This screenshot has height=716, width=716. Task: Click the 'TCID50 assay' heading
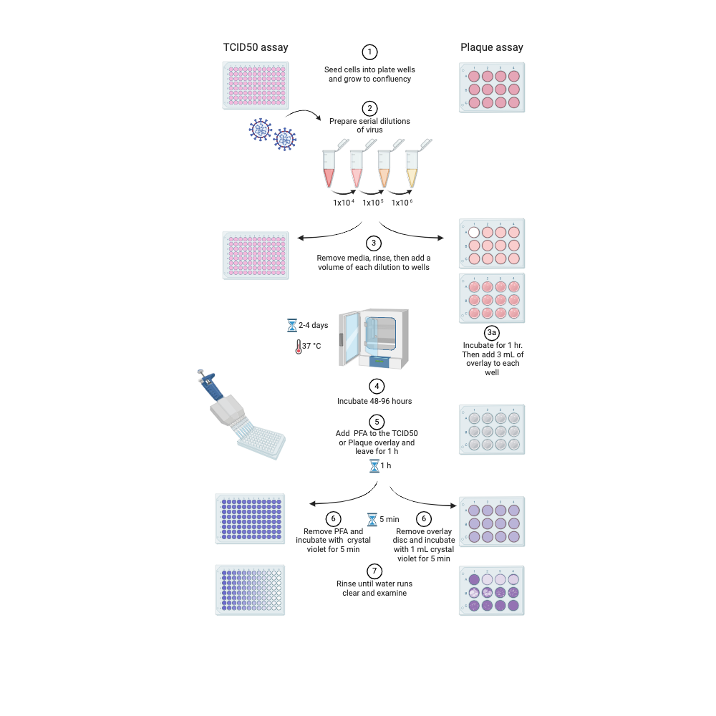point(256,47)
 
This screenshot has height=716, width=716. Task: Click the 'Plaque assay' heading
point(491,47)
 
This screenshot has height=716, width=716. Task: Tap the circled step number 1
point(369,52)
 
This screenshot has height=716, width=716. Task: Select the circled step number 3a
point(491,333)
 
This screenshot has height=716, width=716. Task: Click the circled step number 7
point(373,571)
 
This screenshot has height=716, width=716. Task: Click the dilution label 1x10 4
point(344,203)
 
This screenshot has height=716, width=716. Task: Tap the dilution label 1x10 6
point(402,203)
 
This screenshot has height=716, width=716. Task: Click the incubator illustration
point(373,337)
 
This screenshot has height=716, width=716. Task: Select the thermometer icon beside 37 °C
point(297,347)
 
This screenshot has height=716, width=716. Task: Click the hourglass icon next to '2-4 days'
point(292,325)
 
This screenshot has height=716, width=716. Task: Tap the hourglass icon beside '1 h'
point(374,466)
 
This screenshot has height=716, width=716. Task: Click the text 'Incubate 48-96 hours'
point(374,401)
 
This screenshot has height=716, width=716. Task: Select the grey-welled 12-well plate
point(491,430)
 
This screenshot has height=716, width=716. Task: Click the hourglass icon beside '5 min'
point(372,519)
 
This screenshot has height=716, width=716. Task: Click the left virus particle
point(259,130)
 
